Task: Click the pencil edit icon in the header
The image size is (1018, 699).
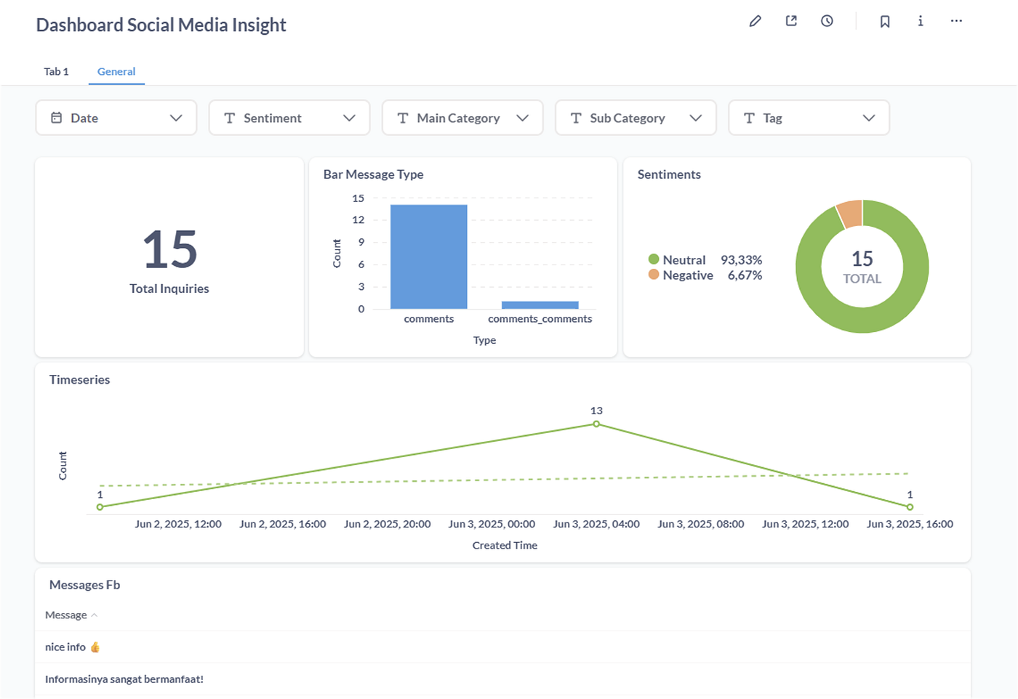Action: (x=755, y=21)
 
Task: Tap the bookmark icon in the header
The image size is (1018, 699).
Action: (x=884, y=21)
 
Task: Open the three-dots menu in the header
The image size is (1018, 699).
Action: (x=956, y=21)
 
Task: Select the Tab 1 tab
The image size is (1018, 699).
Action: (x=57, y=71)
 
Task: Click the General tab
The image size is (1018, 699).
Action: (x=116, y=71)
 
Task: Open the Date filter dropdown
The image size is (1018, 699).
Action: (x=116, y=118)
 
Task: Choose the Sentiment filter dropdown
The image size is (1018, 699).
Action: (x=289, y=118)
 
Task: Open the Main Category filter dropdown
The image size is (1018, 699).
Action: (x=462, y=118)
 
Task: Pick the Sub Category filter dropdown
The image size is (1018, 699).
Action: (x=636, y=118)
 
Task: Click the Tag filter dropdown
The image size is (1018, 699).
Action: (x=809, y=118)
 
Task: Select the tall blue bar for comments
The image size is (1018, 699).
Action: (x=428, y=257)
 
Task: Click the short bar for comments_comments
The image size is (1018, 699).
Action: (x=540, y=305)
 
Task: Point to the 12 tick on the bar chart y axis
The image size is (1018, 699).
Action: (x=358, y=220)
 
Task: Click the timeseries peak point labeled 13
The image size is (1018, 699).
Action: (x=596, y=424)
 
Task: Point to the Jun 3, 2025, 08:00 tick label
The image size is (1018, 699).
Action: (x=701, y=524)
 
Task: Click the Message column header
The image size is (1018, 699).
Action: (x=66, y=615)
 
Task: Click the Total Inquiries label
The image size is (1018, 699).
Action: (x=169, y=288)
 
